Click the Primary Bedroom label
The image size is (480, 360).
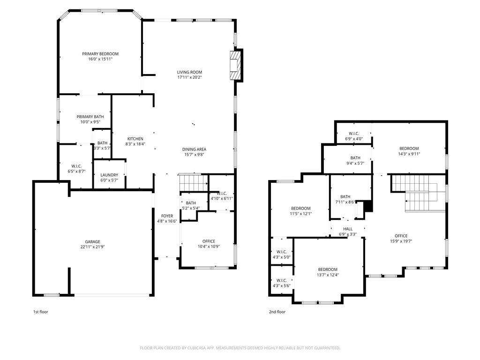(100, 54)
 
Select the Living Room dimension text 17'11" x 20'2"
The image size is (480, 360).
(189, 78)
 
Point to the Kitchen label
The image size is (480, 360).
(135, 139)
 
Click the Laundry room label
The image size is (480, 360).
(109, 175)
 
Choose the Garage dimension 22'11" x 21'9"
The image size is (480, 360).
(92, 247)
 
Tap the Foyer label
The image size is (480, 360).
(167, 216)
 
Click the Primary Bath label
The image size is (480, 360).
(90, 117)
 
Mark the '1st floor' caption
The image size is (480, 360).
(40, 312)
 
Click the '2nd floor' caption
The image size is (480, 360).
(277, 312)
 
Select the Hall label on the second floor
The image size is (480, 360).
(347, 229)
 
